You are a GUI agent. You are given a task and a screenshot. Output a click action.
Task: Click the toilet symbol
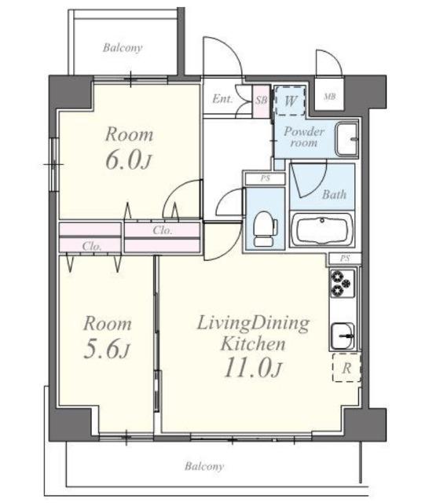(x=265, y=229)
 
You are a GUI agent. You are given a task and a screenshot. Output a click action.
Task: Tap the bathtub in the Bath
(x=322, y=229)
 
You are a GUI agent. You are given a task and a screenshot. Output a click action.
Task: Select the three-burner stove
(x=342, y=283)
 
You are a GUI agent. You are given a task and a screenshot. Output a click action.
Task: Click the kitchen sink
(x=343, y=336)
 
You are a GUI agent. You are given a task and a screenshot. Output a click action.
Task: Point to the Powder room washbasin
(x=346, y=139)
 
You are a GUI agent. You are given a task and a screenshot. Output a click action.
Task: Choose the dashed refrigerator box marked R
(x=346, y=368)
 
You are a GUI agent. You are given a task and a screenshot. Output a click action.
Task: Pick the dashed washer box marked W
(x=290, y=101)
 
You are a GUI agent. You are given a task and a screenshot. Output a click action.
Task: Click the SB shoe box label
(x=261, y=100)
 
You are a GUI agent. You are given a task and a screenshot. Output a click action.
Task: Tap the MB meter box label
(x=329, y=96)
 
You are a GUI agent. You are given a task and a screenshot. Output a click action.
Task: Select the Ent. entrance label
(x=222, y=99)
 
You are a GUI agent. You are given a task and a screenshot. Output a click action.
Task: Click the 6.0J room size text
(x=129, y=160)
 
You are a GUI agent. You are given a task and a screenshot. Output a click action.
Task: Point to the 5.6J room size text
(x=107, y=350)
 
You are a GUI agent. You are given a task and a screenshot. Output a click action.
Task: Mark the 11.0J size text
(x=253, y=368)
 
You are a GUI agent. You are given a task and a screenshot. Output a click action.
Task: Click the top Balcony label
(x=123, y=48)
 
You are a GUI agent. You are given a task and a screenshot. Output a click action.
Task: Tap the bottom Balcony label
(x=204, y=466)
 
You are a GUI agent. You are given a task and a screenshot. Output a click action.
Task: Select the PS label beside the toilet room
(x=265, y=178)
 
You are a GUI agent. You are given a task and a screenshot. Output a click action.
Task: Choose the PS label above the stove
(x=345, y=259)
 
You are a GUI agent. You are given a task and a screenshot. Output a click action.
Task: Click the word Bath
(x=334, y=194)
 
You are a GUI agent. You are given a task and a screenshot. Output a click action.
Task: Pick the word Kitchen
(x=253, y=343)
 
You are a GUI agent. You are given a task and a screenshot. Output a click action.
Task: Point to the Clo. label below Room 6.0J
(x=163, y=230)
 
